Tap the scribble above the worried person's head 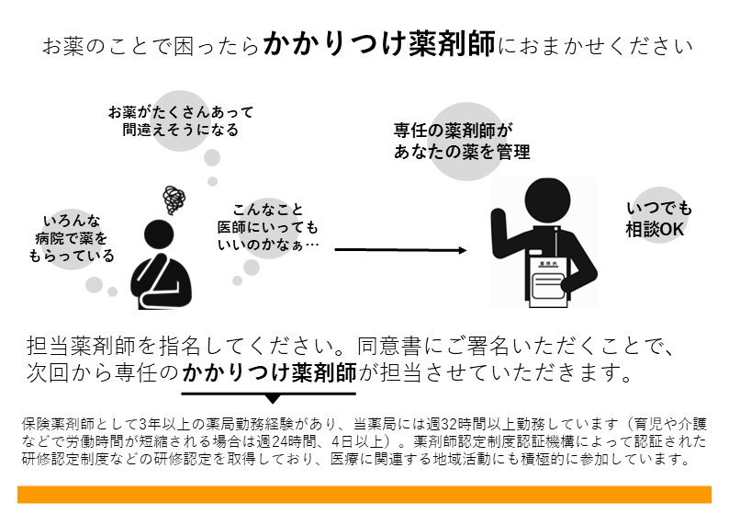pos(173,198)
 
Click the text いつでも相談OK pos(658,219)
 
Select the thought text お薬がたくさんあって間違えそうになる pos(180,120)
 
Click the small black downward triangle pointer pos(273,399)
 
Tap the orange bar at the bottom pos(364,495)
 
